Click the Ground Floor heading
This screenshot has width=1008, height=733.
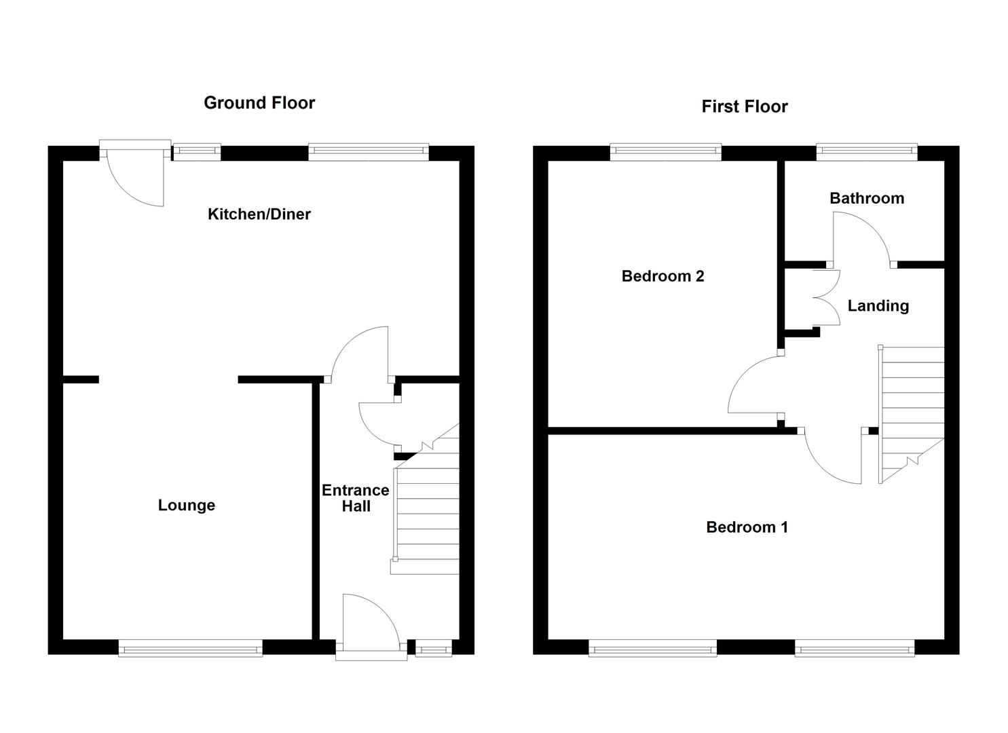point(259,102)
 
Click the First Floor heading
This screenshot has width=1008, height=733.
point(744,107)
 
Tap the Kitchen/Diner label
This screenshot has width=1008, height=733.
point(259,214)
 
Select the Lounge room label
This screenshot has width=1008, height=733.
point(186,505)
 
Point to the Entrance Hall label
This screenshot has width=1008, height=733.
point(355,498)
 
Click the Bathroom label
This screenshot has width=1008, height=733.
point(866,198)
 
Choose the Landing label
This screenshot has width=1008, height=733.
point(878,305)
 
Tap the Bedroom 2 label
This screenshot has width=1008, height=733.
point(662,276)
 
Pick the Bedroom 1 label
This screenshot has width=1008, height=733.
point(747,527)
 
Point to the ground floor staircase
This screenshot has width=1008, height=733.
point(426,509)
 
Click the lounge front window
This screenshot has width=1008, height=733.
point(190,650)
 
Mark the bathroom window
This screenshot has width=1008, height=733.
point(866,152)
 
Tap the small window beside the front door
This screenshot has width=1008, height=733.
point(433,650)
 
